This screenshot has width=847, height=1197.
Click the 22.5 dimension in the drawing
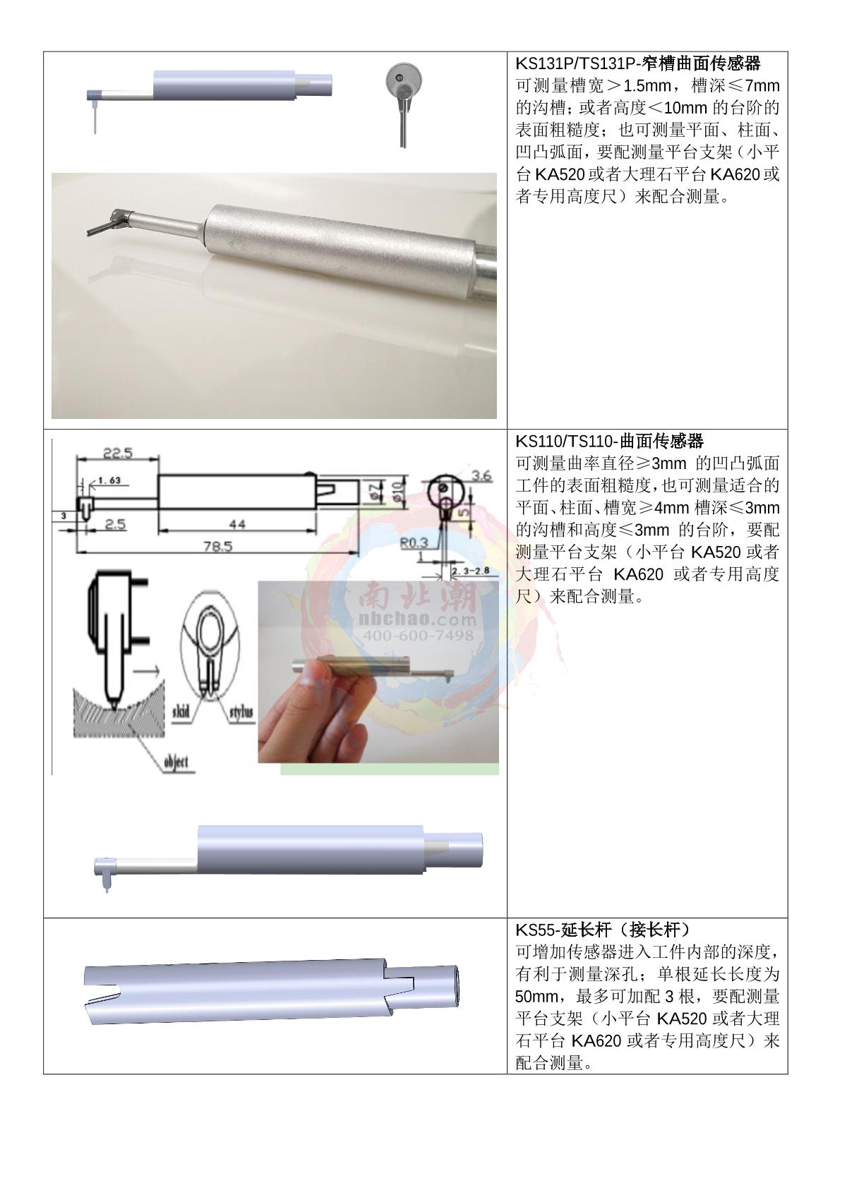(x=118, y=453)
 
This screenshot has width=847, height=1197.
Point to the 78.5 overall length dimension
(x=217, y=546)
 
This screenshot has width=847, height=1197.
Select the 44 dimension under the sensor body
(x=237, y=524)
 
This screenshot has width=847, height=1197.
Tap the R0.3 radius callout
(x=414, y=543)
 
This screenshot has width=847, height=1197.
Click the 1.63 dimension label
(x=109, y=480)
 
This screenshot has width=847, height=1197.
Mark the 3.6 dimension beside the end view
(x=481, y=475)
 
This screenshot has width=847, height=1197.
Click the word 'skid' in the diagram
(x=181, y=712)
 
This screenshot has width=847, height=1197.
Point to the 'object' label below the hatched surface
(x=176, y=762)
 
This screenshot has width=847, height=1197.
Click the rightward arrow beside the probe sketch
(x=146, y=670)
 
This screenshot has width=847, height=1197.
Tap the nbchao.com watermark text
(x=418, y=620)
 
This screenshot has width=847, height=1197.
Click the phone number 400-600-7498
(x=418, y=636)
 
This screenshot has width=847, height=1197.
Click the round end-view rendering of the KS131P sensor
(x=403, y=79)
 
